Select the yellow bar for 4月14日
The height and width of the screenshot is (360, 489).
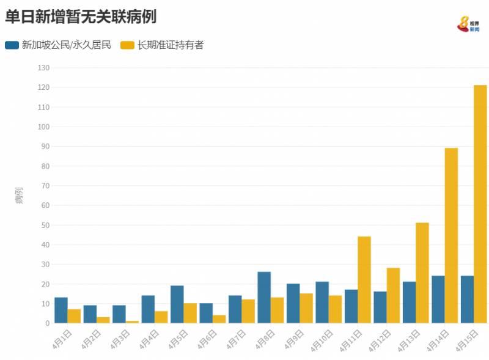click(x=451, y=235)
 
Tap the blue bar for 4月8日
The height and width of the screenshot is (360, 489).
click(x=264, y=297)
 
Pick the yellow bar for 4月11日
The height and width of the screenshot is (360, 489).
click(x=364, y=279)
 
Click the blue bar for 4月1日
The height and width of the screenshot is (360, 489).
click(x=61, y=310)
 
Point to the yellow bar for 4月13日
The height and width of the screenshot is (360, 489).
click(x=422, y=273)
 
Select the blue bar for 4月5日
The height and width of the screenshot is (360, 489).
click(x=177, y=304)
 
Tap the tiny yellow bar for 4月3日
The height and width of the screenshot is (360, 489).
click(x=133, y=321)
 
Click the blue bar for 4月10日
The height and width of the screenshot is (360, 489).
click(x=322, y=302)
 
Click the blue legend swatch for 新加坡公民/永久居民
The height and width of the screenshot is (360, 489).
click(x=12, y=45)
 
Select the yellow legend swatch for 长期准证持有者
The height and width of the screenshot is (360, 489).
click(x=127, y=45)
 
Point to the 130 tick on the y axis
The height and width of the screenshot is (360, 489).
click(x=43, y=68)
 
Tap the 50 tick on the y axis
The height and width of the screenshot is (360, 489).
click(x=45, y=225)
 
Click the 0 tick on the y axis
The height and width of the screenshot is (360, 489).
click(x=46, y=323)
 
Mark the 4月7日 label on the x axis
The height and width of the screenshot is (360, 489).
click(x=236, y=339)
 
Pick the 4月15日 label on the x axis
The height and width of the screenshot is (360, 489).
click(x=468, y=340)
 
